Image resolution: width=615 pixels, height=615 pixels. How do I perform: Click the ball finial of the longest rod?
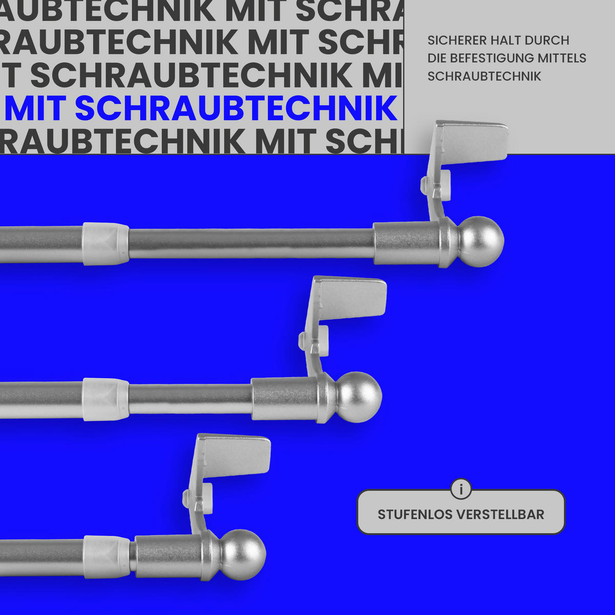tap(480, 241)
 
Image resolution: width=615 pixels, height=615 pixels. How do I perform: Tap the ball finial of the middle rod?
tap(359, 397)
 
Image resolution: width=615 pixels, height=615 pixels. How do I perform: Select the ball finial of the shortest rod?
tap(242, 555)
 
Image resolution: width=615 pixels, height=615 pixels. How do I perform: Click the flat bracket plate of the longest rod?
tap(474, 141)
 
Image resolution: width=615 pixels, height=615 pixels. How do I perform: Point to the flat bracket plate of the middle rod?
tap(353, 297)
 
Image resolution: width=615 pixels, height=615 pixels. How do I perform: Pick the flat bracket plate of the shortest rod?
tap(236, 455)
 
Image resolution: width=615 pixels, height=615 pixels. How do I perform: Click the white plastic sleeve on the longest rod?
tap(106, 243)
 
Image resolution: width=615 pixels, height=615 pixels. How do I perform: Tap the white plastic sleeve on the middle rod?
tap(106, 399)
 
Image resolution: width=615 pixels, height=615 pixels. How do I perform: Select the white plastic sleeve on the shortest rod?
tap(107, 557)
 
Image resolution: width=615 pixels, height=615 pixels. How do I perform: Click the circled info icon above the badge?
tap(461, 489)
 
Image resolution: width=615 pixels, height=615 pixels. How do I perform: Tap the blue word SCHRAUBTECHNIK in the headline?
tap(236, 108)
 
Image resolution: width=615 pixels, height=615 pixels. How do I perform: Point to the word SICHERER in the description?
tap(457, 40)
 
